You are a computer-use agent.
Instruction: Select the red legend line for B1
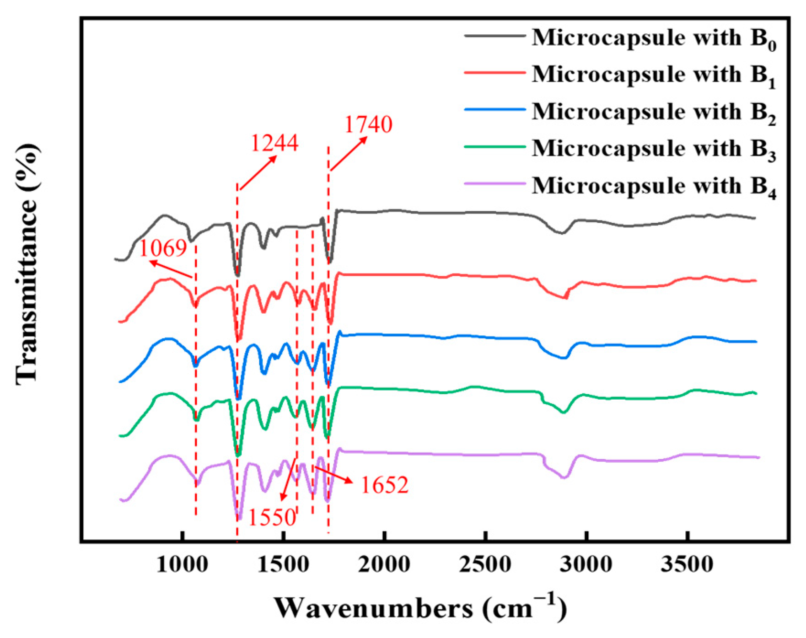pos(494,72)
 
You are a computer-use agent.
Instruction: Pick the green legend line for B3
pos(494,146)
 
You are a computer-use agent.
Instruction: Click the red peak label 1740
pos(368,124)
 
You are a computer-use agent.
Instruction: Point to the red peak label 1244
pos(274,143)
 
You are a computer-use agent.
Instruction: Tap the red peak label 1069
pos(163,248)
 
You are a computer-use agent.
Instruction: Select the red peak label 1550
pos(272,517)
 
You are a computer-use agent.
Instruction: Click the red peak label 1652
pos(384,485)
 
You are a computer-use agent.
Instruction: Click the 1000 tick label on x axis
pos(182,564)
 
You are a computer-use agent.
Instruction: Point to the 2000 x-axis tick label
pos(384,564)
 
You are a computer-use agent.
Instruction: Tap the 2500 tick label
pos(485,564)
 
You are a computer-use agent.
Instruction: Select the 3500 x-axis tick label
pos(687,564)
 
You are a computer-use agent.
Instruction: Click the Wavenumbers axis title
pos(420,609)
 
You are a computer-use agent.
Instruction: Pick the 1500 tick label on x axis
pos(283,564)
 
